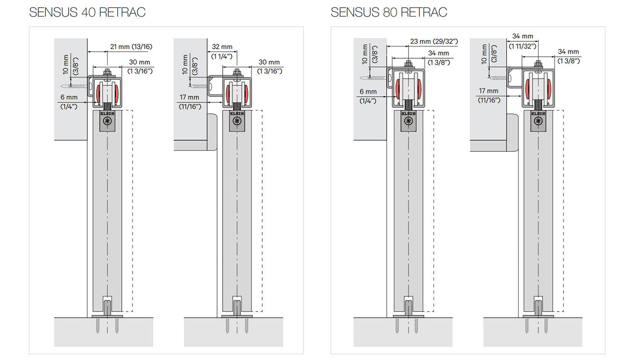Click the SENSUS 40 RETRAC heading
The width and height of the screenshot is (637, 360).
[x=87, y=12]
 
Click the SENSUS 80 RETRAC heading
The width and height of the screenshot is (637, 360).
[x=389, y=12]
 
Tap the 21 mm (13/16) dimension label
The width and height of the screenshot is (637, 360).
[x=131, y=46]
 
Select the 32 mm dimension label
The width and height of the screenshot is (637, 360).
[x=222, y=46]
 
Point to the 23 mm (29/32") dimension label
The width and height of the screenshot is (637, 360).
[x=434, y=42]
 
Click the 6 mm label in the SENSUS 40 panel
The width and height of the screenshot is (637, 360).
[x=69, y=97]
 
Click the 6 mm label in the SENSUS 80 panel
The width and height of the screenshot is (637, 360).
[x=368, y=92]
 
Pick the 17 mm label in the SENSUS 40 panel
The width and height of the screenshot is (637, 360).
[x=190, y=97]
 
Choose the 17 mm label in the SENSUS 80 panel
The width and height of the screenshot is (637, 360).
[x=488, y=91]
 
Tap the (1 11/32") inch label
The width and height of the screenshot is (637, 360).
[x=522, y=46]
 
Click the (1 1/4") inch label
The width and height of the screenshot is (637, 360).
[x=222, y=56]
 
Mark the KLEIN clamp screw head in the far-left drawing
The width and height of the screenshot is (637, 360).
[x=107, y=121]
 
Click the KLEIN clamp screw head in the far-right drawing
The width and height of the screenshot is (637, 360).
[x=538, y=121]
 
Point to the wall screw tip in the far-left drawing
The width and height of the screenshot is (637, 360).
[x=61, y=86]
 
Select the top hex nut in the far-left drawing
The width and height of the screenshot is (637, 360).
[x=107, y=71]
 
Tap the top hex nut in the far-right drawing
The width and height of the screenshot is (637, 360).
[x=538, y=64]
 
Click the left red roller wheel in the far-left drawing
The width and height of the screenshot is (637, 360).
[x=100, y=93]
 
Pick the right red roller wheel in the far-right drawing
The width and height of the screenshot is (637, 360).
[x=549, y=88]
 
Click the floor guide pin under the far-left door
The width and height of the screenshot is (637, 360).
[x=107, y=308]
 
